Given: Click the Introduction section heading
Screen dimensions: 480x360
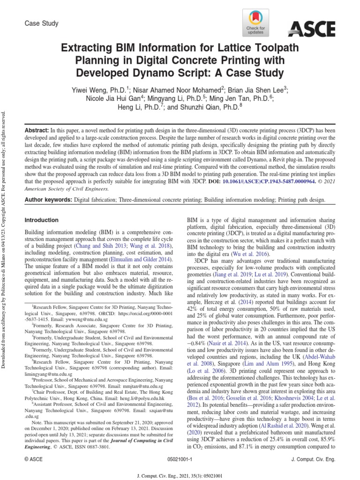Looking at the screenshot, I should pos(41,220).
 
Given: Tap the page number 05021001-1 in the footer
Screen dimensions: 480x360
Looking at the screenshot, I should pos(180,461).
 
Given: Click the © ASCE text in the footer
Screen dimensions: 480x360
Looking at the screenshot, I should pos(33,461).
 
